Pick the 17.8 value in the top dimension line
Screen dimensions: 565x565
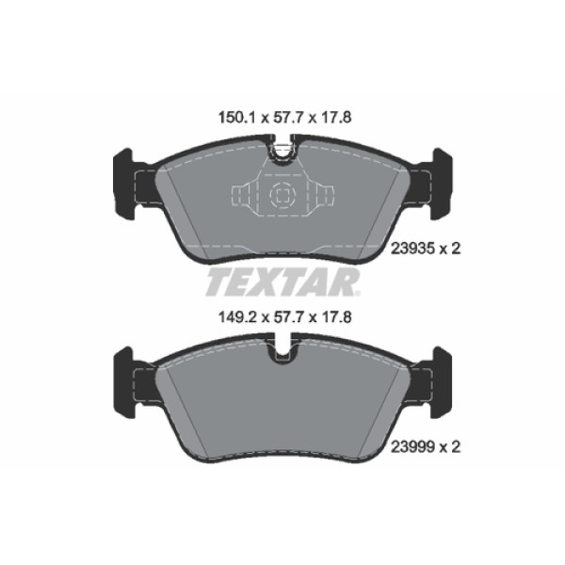pyautogui.click(x=335, y=119)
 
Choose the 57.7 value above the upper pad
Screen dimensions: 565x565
pyautogui.click(x=282, y=119)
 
